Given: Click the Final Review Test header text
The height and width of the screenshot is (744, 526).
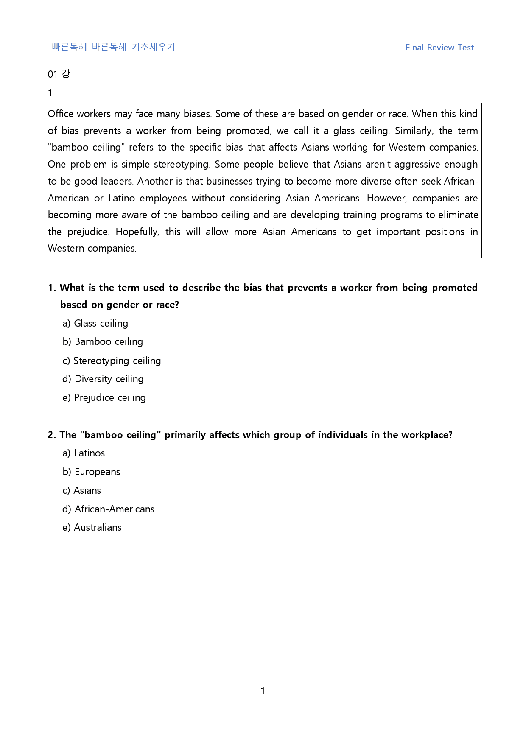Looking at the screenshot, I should [439, 48].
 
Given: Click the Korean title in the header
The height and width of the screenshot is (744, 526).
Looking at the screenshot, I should [113, 47].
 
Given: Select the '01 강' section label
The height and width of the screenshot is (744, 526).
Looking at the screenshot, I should [59, 74].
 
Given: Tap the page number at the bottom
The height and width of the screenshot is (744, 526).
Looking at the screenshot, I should [263, 691].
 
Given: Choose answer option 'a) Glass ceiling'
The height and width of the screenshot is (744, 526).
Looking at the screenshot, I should [95, 323].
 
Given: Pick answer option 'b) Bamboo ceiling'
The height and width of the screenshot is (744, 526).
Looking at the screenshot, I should [103, 341].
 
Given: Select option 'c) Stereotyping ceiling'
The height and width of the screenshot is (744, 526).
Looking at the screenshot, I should [112, 361].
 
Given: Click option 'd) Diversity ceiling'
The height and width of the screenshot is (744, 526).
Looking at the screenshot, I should [103, 379].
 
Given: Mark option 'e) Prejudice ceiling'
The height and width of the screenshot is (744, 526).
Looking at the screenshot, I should [104, 397].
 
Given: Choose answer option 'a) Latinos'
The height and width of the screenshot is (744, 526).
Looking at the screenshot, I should [84, 453].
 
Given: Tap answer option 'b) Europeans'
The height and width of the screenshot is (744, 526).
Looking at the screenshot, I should [91, 472].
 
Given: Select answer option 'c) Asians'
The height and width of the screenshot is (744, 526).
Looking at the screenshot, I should [82, 490].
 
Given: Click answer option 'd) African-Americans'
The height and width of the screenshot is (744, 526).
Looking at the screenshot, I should [109, 509].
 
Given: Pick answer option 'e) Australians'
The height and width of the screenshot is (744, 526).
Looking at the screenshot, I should [92, 527].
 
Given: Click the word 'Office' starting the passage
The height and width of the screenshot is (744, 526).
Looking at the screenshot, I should [61, 114].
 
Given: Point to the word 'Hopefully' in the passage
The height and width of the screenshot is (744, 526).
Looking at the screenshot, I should [137, 232].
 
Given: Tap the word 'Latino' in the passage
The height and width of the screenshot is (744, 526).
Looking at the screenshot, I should [121, 198].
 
